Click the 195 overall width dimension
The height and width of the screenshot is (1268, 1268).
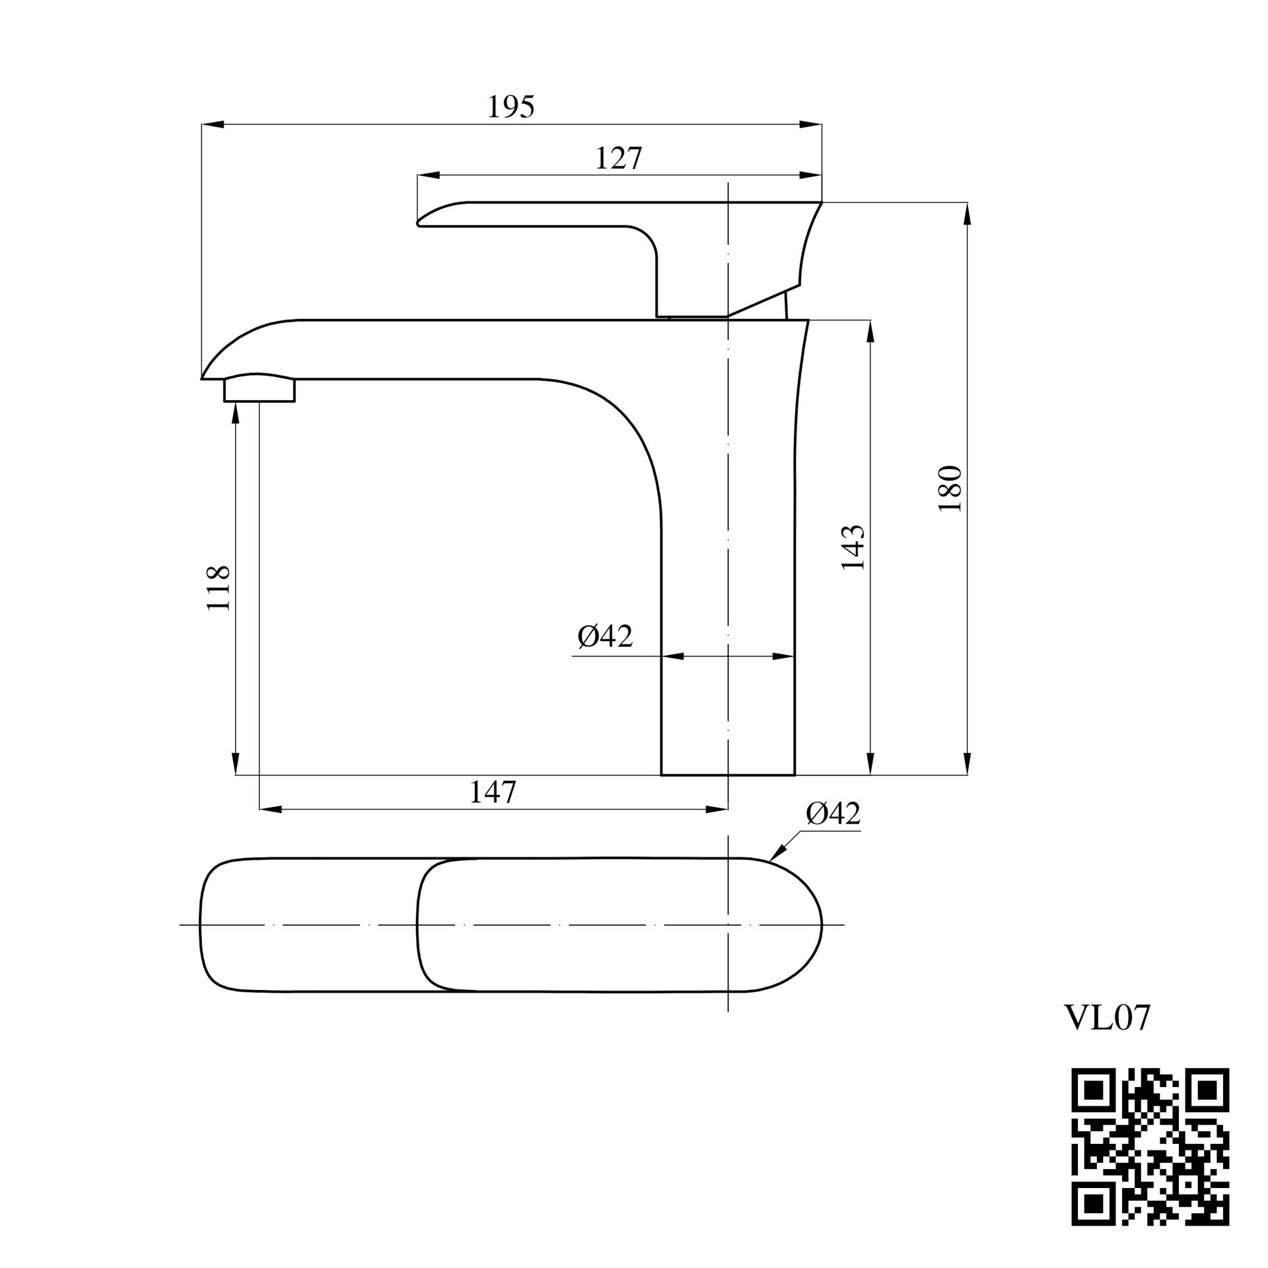coord(511,107)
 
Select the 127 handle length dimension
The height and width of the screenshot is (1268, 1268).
coord(618,158)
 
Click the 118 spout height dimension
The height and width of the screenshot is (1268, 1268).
coord(219,587)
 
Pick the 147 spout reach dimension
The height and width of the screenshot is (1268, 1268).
coord(492,792)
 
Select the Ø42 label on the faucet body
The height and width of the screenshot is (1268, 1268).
coord(605,636)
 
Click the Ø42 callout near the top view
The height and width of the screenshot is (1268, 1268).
coord(833,814)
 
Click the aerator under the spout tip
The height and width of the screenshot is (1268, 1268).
coord(259,389)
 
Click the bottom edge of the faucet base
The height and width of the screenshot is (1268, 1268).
coord(728,775)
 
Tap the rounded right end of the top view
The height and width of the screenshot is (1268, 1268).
coord(821,925)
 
